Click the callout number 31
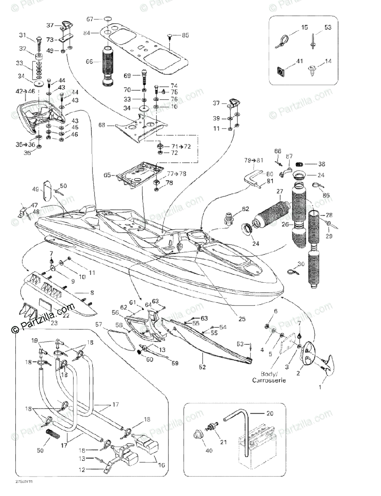coord(22,35)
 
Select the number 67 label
coord(90,19)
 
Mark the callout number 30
coord(301,264)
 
